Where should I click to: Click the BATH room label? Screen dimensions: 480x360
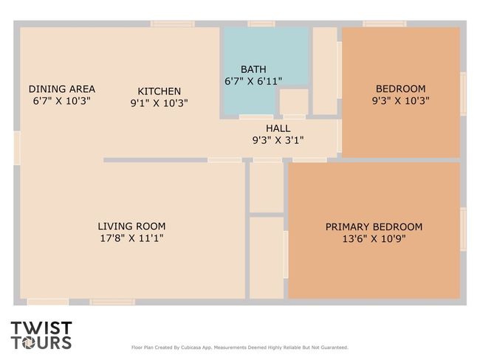pyautogui.click(x=253, y=69)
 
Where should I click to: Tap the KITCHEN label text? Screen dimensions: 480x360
pyautogui.click(x=160, y=91)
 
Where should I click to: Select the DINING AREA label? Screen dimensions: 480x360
pyautogui.click(x=62, y=89)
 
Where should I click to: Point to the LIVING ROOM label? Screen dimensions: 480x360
pyautogui.click(x=131, y=226)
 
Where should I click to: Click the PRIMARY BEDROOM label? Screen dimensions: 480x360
pyautogui.click(x=374, y=227)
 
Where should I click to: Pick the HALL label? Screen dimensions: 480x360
pyautogui.click(x=278, y=128)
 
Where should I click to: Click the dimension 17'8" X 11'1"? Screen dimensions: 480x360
pyautogui.click(x=131, y=238)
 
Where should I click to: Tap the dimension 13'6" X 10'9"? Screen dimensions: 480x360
pyautogui.click(x=374, y=238)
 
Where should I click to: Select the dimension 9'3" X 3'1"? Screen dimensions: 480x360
pyautogui.click(x=278, y=140)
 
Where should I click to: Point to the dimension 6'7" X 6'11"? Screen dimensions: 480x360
pyautogui.click(x=253, y=81)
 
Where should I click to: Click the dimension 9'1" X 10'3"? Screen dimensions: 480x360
pyautogui.click(x=160, y=103)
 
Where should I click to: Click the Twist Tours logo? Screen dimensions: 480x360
pyautogui.click(x=41, y=335)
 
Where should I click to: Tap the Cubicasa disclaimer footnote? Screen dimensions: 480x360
pyautogui.click(x=240, y=347)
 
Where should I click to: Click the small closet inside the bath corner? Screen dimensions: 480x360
pyautogui.click(x=294, y=102)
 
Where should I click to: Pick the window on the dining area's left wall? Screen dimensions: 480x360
pyautogui.click(x=17, y=148)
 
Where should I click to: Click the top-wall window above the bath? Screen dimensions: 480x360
pyautogui.click(x=261, y=24)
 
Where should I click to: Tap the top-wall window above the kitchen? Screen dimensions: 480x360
pyautogui.click(x=173, y=24)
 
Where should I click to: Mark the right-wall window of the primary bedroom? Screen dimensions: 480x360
pyautogui.click(x=464, y=229)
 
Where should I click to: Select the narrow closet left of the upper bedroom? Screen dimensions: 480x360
pyautogui.click(x=325, y=71)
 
